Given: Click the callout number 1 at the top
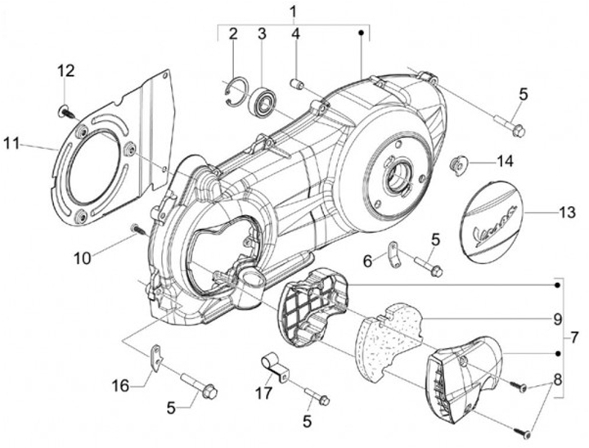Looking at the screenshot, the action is coord(294,11).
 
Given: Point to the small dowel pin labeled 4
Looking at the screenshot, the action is coord(298,83).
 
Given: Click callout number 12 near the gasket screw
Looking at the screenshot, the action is coord(65,70).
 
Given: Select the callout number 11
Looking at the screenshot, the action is coord(11,143).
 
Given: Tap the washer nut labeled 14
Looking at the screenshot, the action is coord(458,165).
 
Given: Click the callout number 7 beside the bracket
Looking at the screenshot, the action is coord(574,338).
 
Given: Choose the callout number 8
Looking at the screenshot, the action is coord(557,379).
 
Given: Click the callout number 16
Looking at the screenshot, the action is coord(120,386).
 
